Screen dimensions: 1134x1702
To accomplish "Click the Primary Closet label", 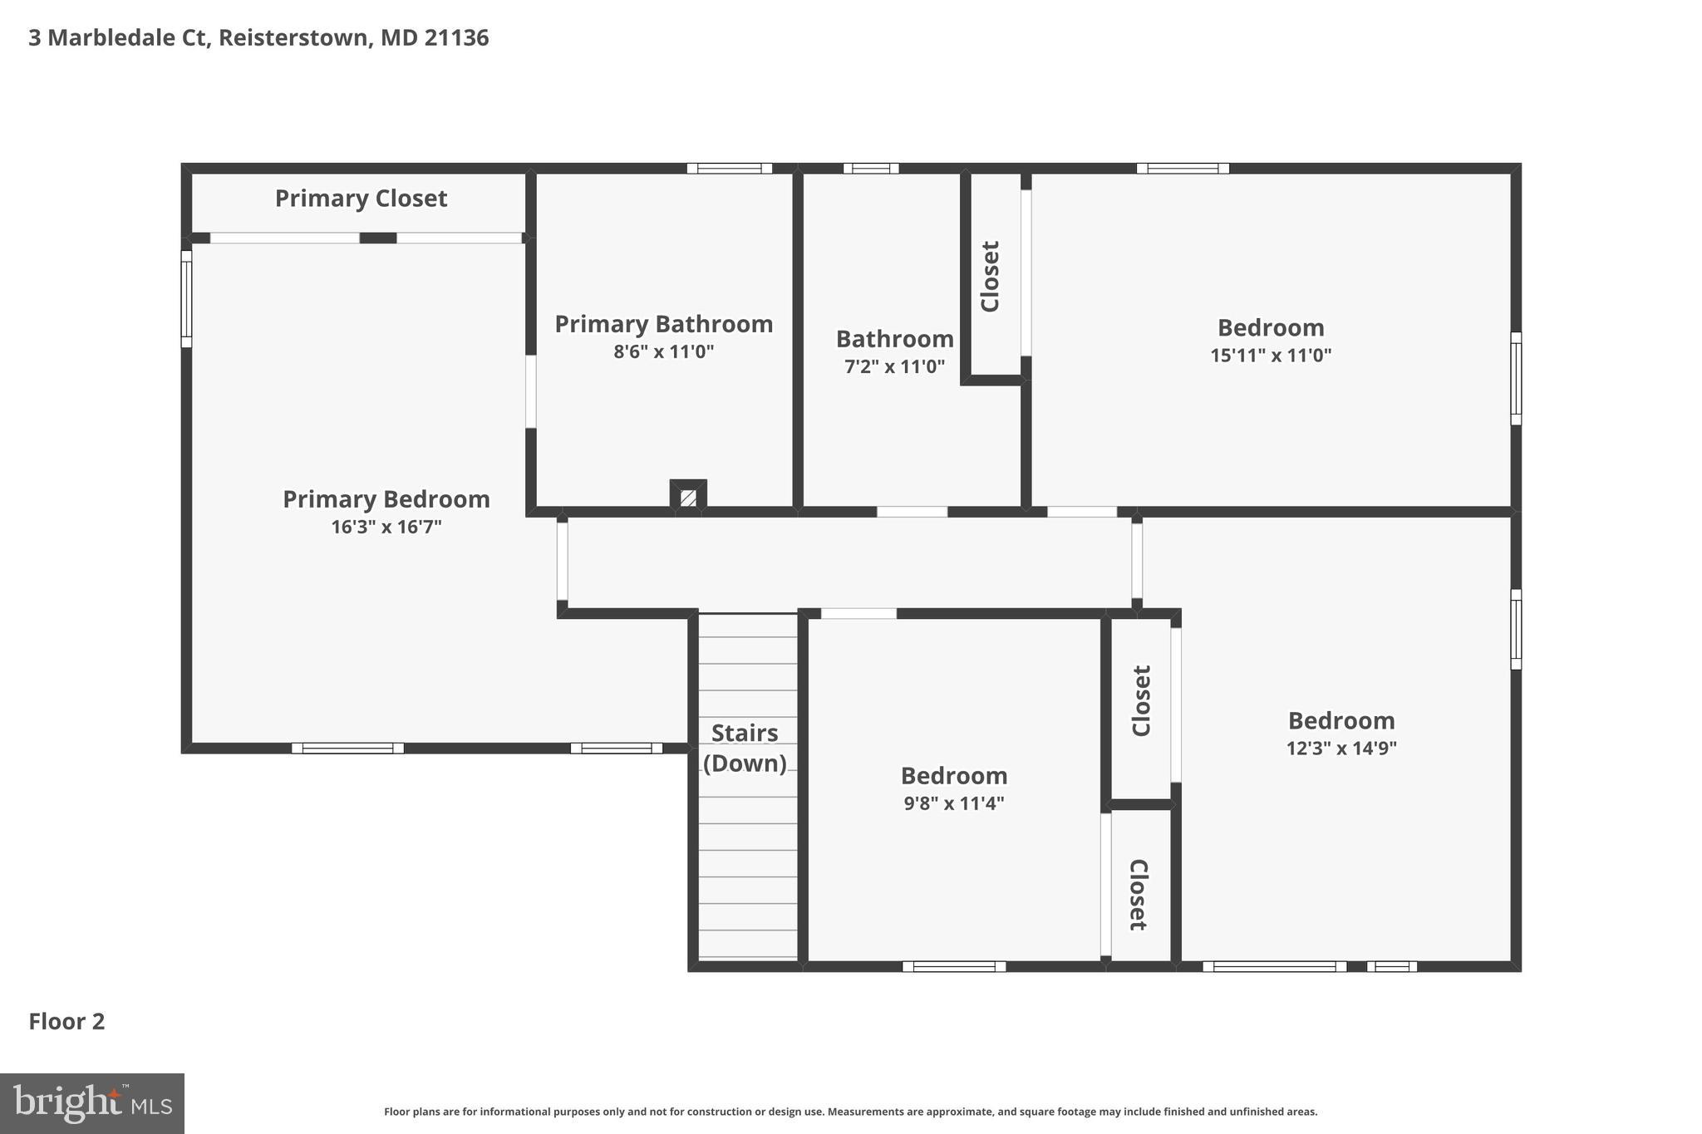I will [x=361, y=199].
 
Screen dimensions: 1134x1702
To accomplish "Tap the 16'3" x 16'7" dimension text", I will [x=386, y=527].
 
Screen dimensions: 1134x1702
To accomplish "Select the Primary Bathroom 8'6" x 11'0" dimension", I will [x=663, y=351].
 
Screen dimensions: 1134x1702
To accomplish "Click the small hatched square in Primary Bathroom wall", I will [x=688, y=498].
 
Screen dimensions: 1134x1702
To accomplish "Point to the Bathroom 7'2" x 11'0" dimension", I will [x=894, y=366].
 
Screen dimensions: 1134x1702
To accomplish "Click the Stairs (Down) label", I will [x=745, y=748].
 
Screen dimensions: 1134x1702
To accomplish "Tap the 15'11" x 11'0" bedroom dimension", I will [x=1271, y=356].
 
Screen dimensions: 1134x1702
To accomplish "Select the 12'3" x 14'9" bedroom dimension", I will [x=1341, y=748].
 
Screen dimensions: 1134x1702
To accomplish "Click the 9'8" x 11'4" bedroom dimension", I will [x=954, y=803].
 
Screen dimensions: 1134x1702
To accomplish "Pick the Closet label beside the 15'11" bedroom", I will [x=990, y=276].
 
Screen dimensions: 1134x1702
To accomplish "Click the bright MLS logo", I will [x=92, y=1103].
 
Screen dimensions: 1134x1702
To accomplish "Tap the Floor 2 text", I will [x=66, y=1021].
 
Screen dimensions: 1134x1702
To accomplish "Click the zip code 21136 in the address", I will [x=456, y=38].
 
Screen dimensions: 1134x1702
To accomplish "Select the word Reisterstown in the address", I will [x=295, y=38].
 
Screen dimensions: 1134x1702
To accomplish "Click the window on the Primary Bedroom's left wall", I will [x=187, y=299].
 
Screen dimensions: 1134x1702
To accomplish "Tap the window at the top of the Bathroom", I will [x=871, y=169].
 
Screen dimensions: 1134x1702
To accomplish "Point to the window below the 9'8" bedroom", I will [x=954, y=966].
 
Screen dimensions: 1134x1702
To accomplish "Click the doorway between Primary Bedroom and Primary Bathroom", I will [x=530, y=392].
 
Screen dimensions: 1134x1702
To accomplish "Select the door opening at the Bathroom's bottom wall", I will [x=912, y=512].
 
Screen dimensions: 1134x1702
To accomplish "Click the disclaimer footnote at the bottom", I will [x=850, y=1112].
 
